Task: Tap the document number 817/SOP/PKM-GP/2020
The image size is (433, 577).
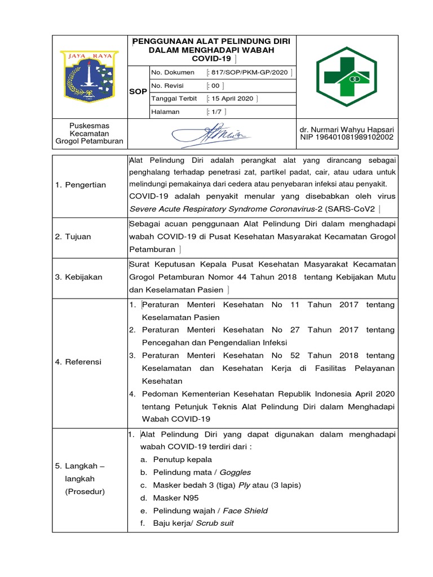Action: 250,72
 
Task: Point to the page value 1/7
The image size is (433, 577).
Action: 217,112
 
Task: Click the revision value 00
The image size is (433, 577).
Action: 215,86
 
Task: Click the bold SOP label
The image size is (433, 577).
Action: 138,91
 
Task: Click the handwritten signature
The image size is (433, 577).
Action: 212,134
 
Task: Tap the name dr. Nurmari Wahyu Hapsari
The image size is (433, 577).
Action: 347,129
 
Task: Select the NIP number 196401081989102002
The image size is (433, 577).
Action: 347,137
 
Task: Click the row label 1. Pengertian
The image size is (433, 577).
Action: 80,185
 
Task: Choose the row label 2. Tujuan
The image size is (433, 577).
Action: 73,237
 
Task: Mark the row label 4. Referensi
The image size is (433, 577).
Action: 78,362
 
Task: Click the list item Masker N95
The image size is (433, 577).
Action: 176,498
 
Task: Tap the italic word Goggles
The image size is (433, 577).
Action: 235,472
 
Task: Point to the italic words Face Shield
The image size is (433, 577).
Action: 245,511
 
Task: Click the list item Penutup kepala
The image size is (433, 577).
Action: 183,459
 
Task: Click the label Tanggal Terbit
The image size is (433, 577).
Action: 174,98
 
